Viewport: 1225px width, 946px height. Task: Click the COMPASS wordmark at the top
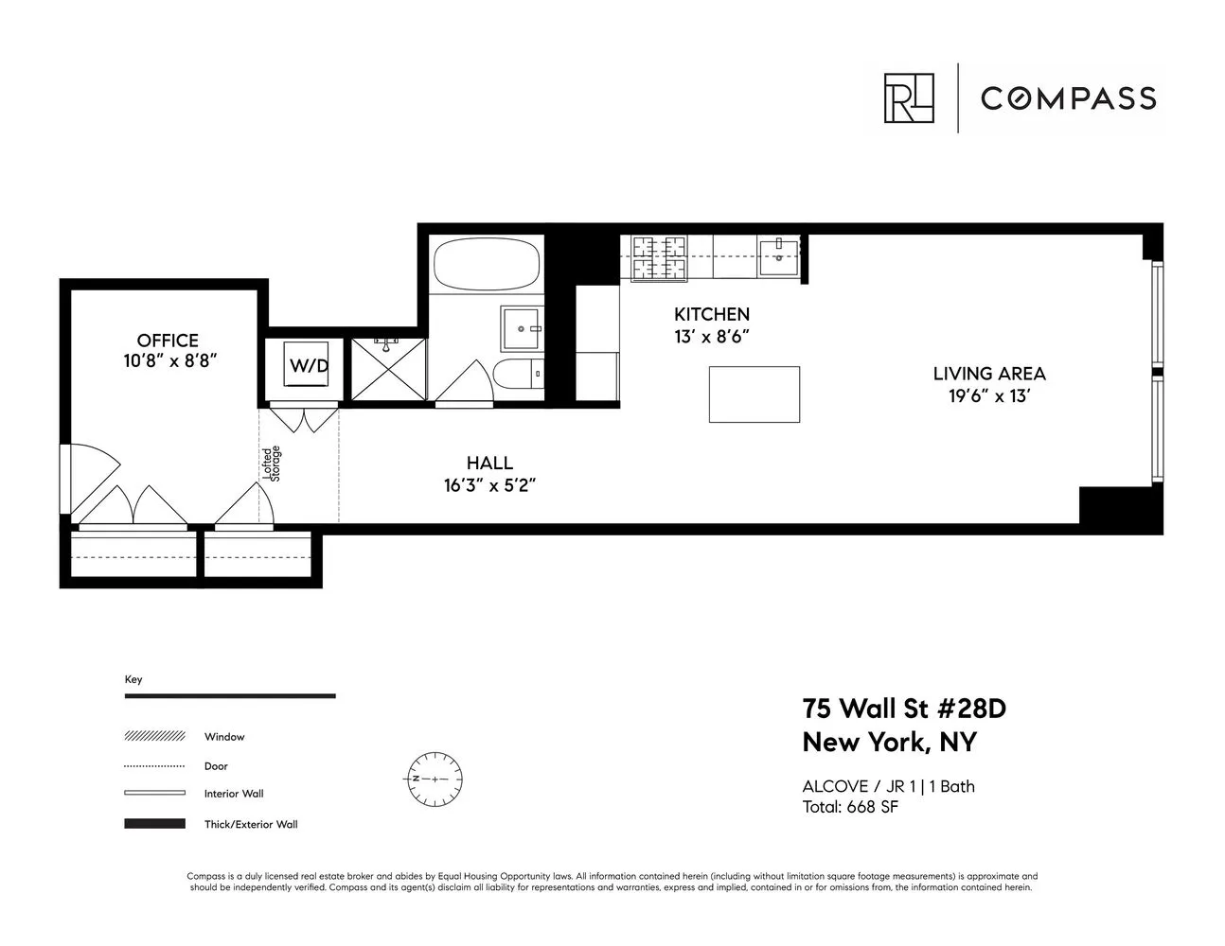coord(1068,98)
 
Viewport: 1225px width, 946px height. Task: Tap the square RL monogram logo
coord(909,98)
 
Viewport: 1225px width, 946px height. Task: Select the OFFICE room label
coord(168,341)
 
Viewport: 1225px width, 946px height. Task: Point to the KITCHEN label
coord(711,314)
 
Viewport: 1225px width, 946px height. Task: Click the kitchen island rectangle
coord(754,394)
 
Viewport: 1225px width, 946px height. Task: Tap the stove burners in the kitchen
coord(659,257)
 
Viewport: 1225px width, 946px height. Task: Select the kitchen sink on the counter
coord(781,255)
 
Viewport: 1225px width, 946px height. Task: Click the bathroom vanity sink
coord(521,328)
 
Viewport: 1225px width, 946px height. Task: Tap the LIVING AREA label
coord(989,374)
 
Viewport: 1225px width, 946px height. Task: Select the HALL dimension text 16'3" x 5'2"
coord(489,486)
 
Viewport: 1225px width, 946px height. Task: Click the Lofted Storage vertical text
coord(272,464)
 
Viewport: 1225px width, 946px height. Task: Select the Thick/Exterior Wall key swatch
coord(154,824)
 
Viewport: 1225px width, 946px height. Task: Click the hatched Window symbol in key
coord(154,736)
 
